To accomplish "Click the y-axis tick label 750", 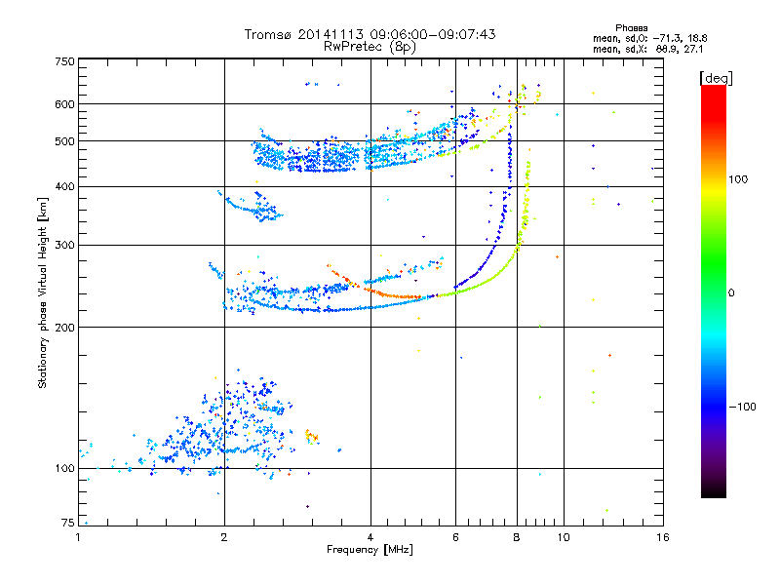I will coord(64,61).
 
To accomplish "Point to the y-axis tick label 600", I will coord(64,103).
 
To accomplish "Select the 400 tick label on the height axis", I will coord(64,186).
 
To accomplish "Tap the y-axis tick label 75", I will coord(67,524).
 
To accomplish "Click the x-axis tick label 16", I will coord(662,537).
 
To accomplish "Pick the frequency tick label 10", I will coord(563,537).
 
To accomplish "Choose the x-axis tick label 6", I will coord(455,537).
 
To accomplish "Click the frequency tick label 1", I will coord(79,537).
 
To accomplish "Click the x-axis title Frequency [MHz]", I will coord(370,551).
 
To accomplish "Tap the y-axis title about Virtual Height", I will coord(43,293).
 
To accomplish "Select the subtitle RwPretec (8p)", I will coord(370,46).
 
